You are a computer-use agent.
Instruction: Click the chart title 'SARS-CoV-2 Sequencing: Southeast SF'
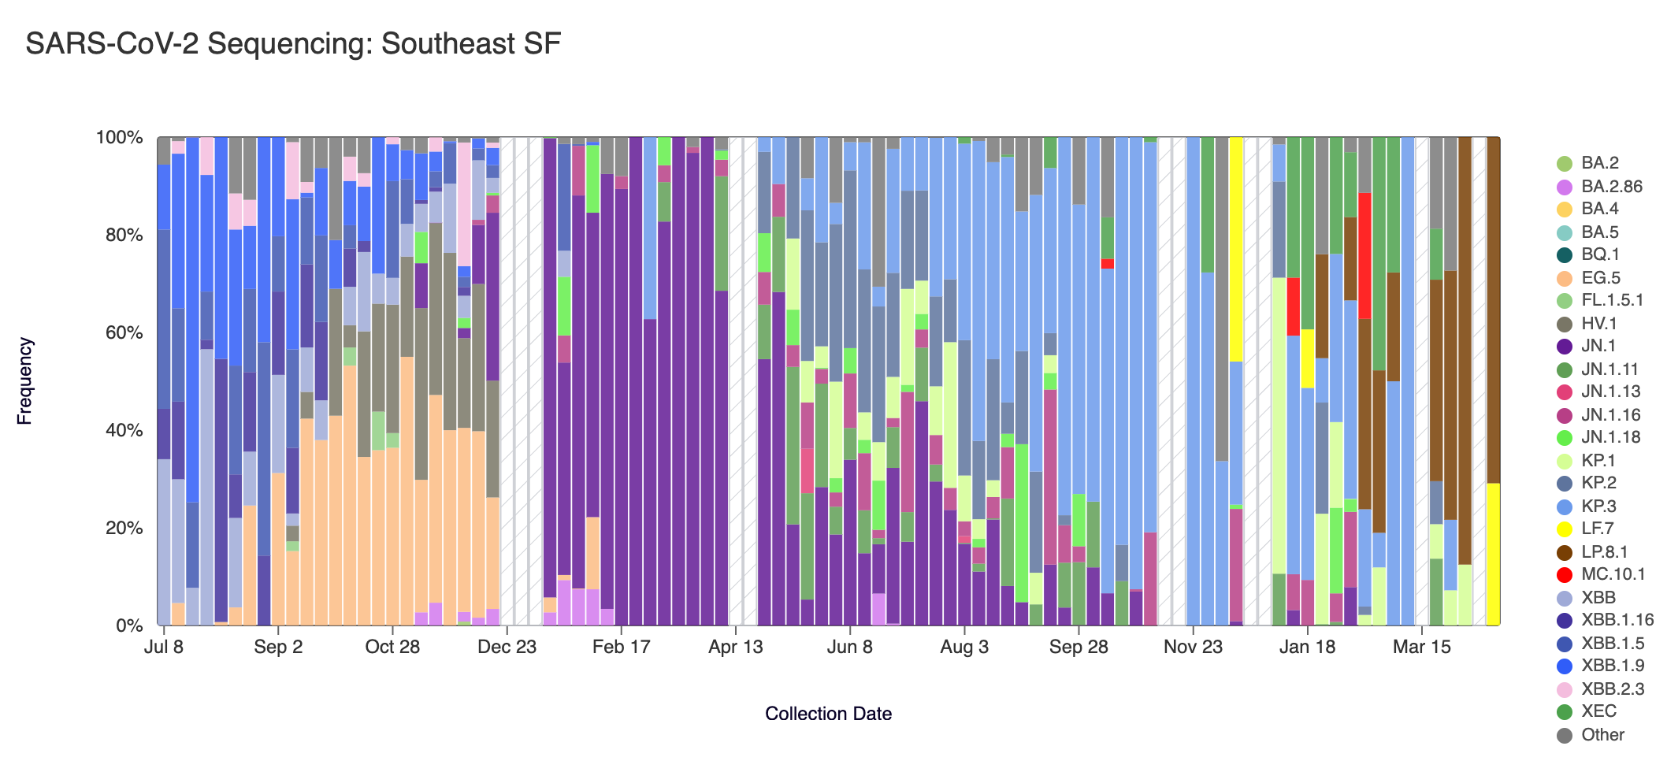pyautogui.click(x=292, y=44)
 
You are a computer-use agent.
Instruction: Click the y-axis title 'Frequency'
pyautogui.click(x=24, y=381)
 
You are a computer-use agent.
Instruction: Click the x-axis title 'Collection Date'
pyautogui.click(x=828, y=714)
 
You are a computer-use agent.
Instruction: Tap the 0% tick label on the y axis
pyautogui.click(x=129, y=626)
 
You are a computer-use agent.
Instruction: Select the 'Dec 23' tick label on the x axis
pyautogui.click(x=507, y=648)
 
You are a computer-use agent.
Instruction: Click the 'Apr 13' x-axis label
pyautogui.click(x=736, y=648)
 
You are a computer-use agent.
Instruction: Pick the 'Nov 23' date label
pyautogui.click(x=1193, y=648)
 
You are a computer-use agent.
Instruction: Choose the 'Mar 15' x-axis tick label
pyautogui.click(x=1421, y=648)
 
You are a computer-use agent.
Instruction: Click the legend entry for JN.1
pyautogui.click(x=1598, y=346)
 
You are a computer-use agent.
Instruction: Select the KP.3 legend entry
pyautogui.click(x=1598, y=506)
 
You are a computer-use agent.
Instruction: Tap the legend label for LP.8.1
pyautogui.click(x=1604, y=552)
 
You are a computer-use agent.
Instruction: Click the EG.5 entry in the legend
pyautogui.click(x=1600, y=278)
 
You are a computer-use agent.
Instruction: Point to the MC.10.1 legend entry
pyautogui.click(x=1612, y=574)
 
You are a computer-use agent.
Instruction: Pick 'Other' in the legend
pyautogui.click(x=1602, y=735)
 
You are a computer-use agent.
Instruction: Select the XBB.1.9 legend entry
pyautogui.click(x=1612, y=666)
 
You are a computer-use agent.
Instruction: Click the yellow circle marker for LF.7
pyautogui.click(x=1565, y=529)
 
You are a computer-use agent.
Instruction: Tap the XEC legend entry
pyautogui.click(x=1598, y=711)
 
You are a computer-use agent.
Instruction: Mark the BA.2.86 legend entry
pyautogui.click(x=1611, y=187)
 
